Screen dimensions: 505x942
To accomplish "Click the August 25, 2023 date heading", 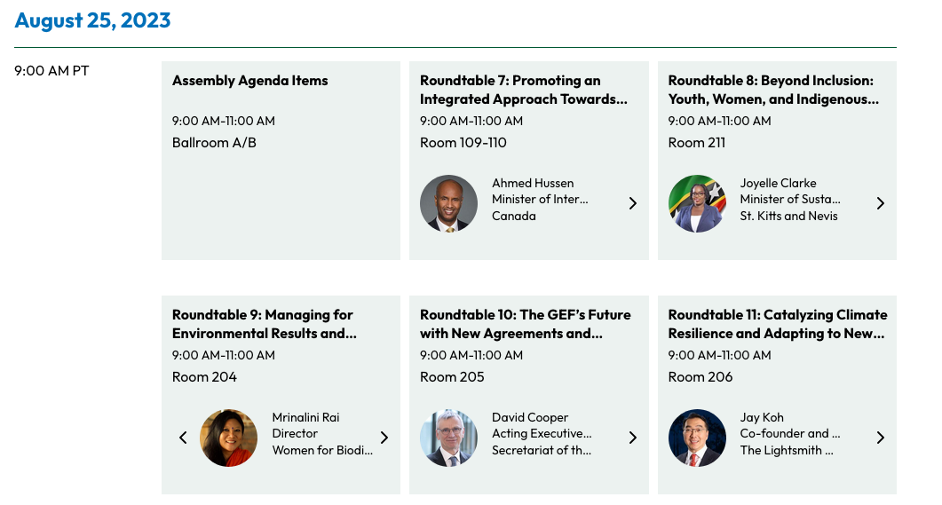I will point(92,20).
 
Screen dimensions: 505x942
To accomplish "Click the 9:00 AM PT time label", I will point(51,71).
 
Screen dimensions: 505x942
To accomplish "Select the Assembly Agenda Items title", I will point(249,81).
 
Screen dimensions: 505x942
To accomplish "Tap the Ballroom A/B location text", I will point(214,143).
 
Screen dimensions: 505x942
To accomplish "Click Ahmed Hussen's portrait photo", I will point(449,203).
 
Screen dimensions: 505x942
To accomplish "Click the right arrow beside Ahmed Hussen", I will point(633,203).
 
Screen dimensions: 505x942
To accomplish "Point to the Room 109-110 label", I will point(463,143).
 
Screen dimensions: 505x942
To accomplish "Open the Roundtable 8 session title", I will point(773,90).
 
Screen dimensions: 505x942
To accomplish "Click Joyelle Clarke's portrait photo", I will point(697,203).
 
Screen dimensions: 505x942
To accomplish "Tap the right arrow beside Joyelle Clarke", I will point(881,203).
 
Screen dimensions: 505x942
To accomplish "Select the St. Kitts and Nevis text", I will point(788,216).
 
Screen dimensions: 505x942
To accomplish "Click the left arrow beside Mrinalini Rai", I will point(183,438).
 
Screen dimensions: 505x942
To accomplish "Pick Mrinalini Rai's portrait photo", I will point(229,438).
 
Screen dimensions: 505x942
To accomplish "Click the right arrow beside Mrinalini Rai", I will point(384,438).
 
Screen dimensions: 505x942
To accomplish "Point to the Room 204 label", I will point(204,377).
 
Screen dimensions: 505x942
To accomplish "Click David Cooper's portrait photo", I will point(449,438).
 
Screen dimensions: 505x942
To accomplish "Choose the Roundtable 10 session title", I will point(525,324).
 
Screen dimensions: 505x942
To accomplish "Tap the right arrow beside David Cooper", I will point(633,438).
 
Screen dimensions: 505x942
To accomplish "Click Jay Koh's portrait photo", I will point(697,438).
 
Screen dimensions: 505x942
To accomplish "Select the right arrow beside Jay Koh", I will point(881,438).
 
